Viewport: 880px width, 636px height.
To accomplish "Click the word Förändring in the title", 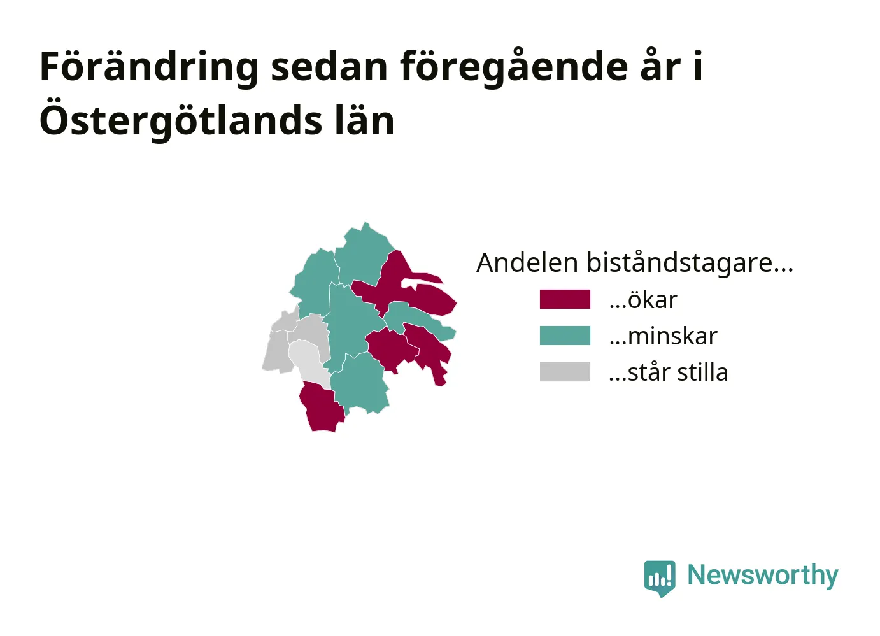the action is [x=149, y=66].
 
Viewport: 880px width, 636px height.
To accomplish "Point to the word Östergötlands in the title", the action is [x=181, y=120].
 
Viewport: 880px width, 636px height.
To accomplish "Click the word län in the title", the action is [x=365, y=120].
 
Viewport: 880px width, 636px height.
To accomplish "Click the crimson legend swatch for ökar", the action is [x=565, y=299].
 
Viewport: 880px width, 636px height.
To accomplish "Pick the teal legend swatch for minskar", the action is [x=565, y=336].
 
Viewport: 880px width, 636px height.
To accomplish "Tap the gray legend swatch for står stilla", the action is [x=565, y=372].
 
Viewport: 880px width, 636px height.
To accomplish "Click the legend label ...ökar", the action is [x=643, y=299].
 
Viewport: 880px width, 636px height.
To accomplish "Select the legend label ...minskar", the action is [x=663, y=336].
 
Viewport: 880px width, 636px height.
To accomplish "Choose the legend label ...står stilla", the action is [x=668, y=372].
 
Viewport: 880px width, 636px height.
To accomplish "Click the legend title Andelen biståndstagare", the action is [x=635, y=262].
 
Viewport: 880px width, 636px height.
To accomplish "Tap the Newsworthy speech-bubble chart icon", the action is [x=660, y=578].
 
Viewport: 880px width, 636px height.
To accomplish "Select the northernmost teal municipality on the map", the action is [x=364, y=253].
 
